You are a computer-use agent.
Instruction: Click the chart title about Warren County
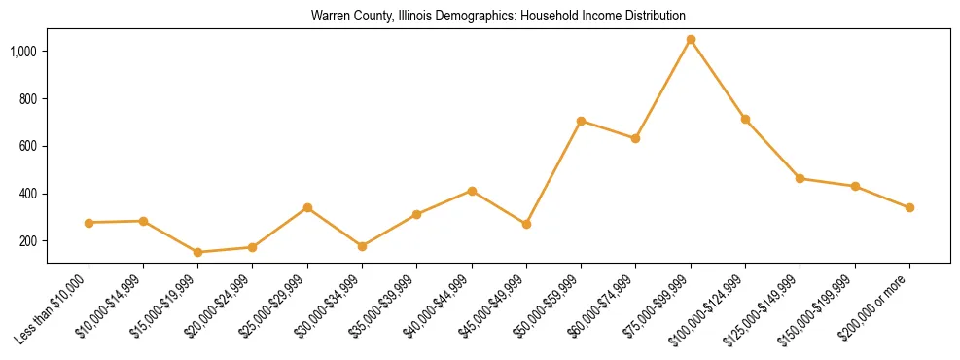[x=498, y=17]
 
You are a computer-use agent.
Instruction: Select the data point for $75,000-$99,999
[x=691, y=40]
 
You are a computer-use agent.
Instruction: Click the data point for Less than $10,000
[x=89, y=223]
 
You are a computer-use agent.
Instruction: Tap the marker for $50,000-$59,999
[x=581, y=121]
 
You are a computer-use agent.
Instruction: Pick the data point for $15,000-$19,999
[x=198, y=252]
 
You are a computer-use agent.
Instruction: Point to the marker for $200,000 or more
[x=909, y=207]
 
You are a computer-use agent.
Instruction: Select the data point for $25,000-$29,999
[x=307, y=207]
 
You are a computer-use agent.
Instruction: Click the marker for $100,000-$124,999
[x=745, y=119]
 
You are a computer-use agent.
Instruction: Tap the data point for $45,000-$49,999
[x=526, y=224]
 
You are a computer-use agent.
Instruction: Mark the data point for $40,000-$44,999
[x=472, y=191]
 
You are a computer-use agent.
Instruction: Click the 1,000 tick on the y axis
[x=23, y=51]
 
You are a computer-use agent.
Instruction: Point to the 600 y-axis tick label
[x=28, y=146]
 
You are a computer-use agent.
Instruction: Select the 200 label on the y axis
[x=28, y=241]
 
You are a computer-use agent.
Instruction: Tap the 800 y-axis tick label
[x=28, y=98]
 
